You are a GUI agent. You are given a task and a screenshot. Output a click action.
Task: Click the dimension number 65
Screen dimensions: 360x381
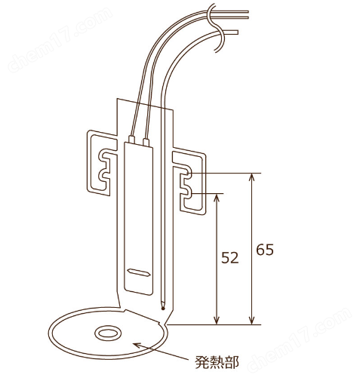click(265, 250)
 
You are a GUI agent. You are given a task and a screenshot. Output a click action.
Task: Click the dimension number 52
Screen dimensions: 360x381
click(229, 258)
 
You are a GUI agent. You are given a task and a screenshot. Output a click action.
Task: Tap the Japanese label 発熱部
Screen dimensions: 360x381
click(217, 362)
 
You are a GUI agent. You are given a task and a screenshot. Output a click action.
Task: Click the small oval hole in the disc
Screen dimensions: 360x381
click(108, 333)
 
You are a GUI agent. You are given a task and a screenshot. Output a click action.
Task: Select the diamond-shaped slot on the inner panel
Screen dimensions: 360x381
click(139, 272)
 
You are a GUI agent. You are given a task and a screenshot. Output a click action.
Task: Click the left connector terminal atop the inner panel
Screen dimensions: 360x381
click(131, 140)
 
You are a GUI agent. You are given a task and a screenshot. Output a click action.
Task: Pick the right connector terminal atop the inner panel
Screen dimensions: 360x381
click(146, 142)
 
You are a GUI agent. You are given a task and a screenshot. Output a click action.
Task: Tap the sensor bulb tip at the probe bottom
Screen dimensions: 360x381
click(163, 308)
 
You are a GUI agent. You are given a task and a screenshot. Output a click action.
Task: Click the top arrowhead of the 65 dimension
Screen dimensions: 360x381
click(251, 177)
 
